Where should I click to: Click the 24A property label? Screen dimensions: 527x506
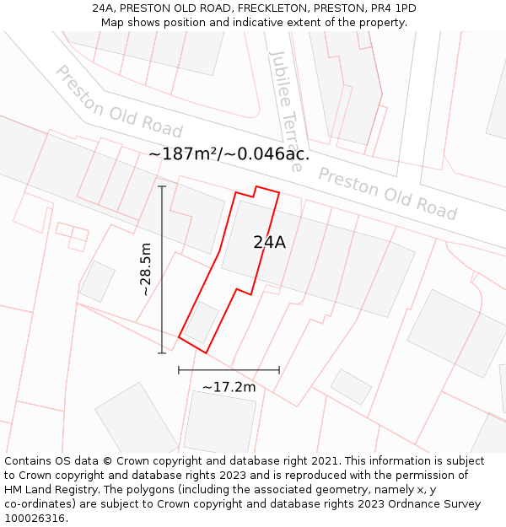269,243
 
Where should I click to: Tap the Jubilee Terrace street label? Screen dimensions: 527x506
284,110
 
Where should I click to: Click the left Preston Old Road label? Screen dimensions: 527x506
118,101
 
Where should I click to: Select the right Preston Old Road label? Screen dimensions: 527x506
387,193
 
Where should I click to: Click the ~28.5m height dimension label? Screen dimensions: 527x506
146,269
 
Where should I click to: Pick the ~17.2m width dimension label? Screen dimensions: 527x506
229,387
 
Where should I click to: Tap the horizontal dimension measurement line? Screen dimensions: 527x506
229,369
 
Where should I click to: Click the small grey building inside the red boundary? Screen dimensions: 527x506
202,322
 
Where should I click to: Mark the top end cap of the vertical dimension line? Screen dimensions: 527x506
162,186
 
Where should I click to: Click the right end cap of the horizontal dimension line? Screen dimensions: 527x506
279,369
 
